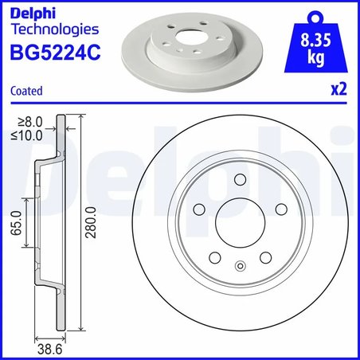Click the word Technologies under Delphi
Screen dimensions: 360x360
[x=54, y=30]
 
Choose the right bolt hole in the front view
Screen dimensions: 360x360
[x=280, y=210]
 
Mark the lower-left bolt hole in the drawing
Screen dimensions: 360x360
[x=213, y=257]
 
